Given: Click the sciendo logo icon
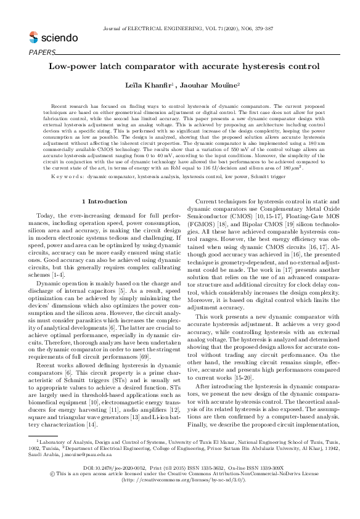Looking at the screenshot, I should pos(34,38).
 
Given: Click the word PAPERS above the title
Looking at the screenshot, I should pos(42,52).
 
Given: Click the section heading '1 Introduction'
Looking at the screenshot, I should pos(104,184).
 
